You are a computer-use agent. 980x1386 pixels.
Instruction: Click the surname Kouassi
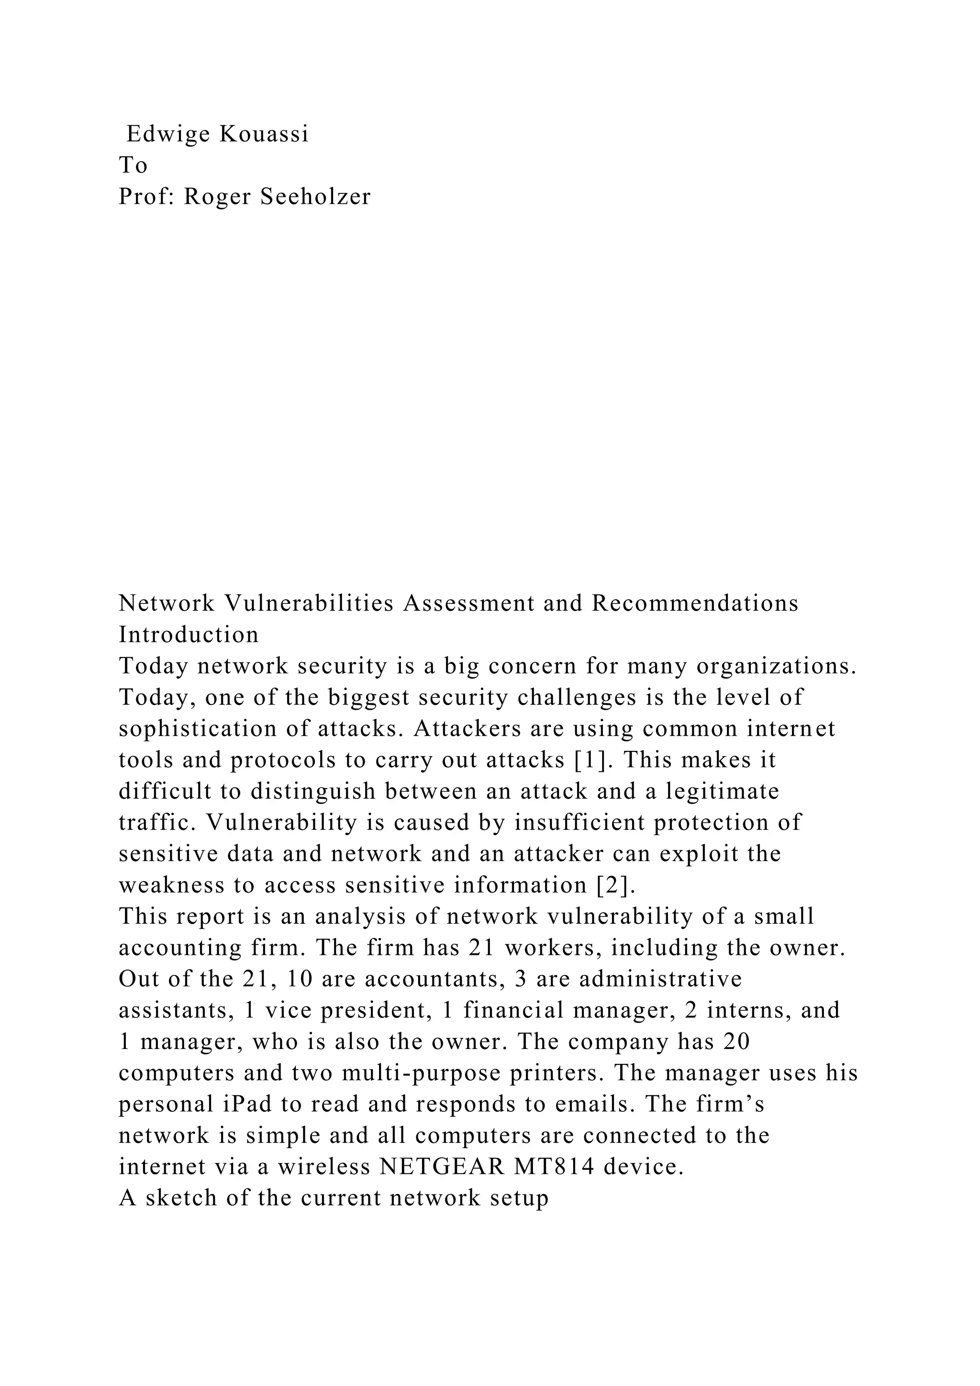coord(264,134)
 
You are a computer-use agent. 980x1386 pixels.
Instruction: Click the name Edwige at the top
coord(168,134)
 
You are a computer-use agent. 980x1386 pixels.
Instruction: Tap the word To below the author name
coord(133,166)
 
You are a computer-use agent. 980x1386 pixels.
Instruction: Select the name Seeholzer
coord(316,197)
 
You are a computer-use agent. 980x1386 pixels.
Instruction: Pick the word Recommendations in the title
coord(695,603)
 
